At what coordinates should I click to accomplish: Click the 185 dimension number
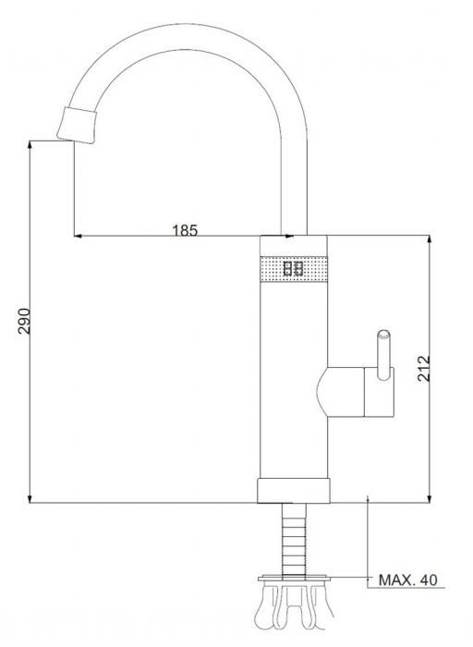(185, 230)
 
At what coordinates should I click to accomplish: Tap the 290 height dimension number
(24, 321)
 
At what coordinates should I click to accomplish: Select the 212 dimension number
(423, 369)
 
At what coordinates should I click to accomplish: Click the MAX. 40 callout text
(407, 580)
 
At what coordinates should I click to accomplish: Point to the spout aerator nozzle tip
(77, 125)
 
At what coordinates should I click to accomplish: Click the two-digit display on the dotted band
(293, 269)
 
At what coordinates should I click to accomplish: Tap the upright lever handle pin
(384, 354)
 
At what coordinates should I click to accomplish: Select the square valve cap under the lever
(379, 392)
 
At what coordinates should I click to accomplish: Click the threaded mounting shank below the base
(294, 539)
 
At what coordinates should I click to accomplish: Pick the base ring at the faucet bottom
(293, 491)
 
